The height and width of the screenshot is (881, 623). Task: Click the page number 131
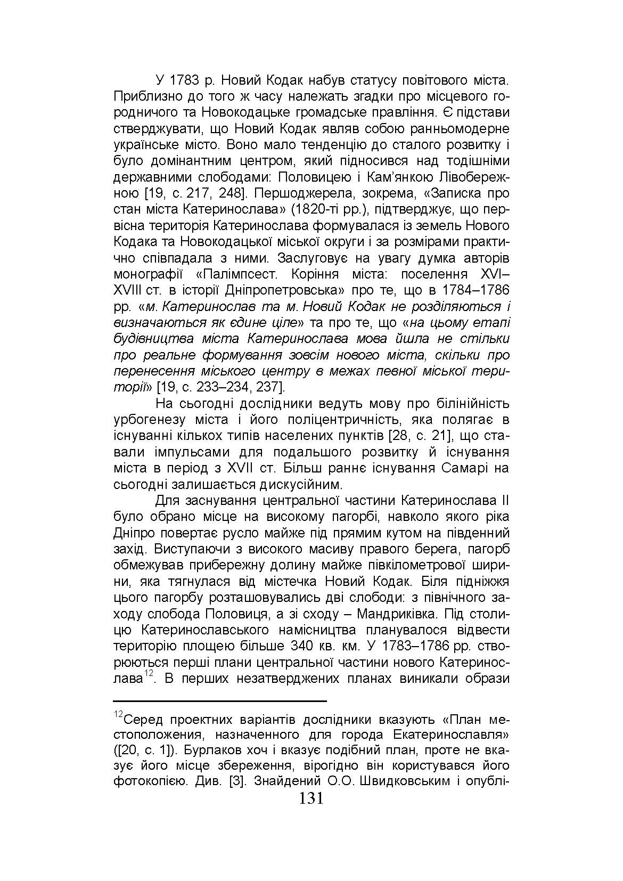coord(311,798)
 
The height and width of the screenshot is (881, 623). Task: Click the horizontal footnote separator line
coord(220,701)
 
